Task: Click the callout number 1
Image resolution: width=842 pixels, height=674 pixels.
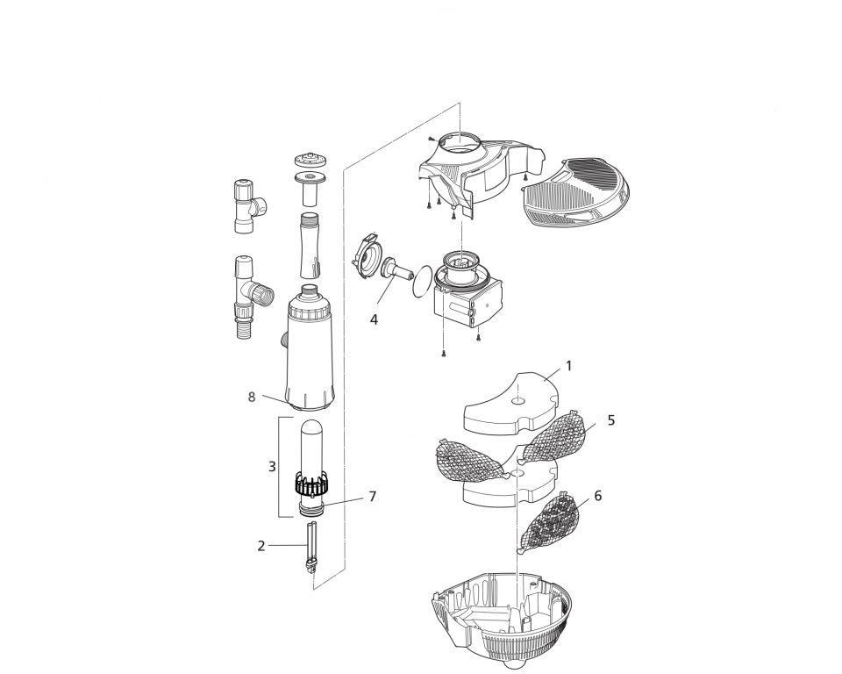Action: click(x=568, y=365)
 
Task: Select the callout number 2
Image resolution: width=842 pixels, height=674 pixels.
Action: click(x=260, y=546)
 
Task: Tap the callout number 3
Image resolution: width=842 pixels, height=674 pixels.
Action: click(x=272, y=467)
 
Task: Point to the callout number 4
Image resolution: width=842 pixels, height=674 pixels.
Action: click(x=374, y=320)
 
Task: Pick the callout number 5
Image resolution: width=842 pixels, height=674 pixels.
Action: click(x=611, y=420)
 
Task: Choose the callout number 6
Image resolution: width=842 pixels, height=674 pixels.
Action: click(x=597, y=496)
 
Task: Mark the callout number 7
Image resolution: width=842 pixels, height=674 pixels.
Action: click(x=372, y=497)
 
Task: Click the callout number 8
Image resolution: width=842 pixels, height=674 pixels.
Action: click(x=252, y=397)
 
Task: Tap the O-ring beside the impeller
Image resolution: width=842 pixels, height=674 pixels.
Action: click(x=424, y=280)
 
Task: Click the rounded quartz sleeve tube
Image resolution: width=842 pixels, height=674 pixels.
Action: click(x=312, y=448)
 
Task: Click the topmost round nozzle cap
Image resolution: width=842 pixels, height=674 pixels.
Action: click(x=310, y=161)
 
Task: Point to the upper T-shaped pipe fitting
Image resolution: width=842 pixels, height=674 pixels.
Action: click(x=246, y=205)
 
